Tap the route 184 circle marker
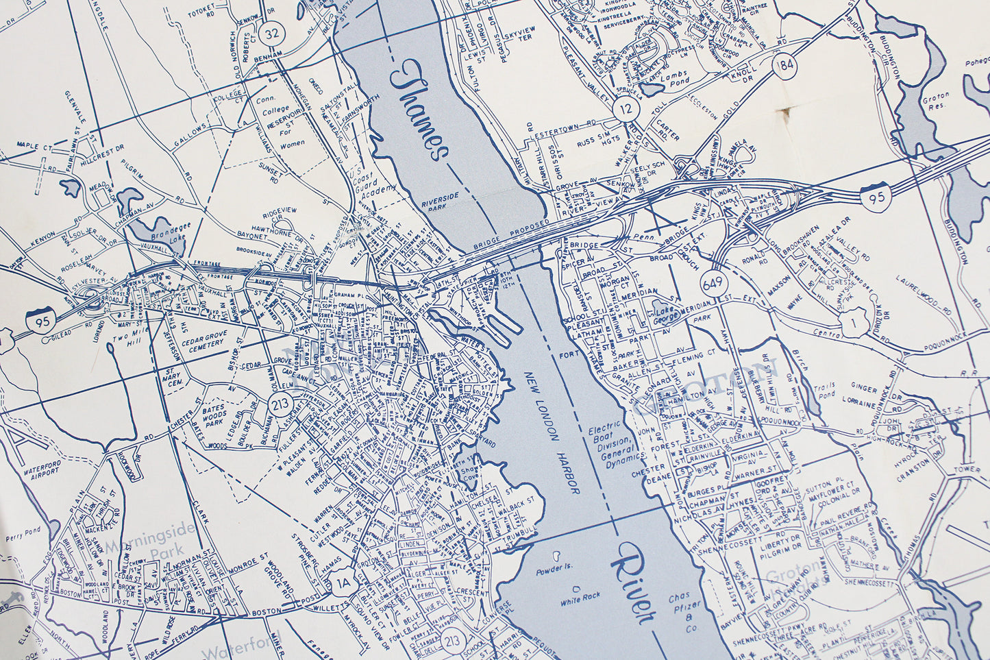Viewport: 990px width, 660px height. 784,67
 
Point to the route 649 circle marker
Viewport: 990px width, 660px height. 713,283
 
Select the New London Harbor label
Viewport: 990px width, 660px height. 553,432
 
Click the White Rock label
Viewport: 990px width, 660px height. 580,596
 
